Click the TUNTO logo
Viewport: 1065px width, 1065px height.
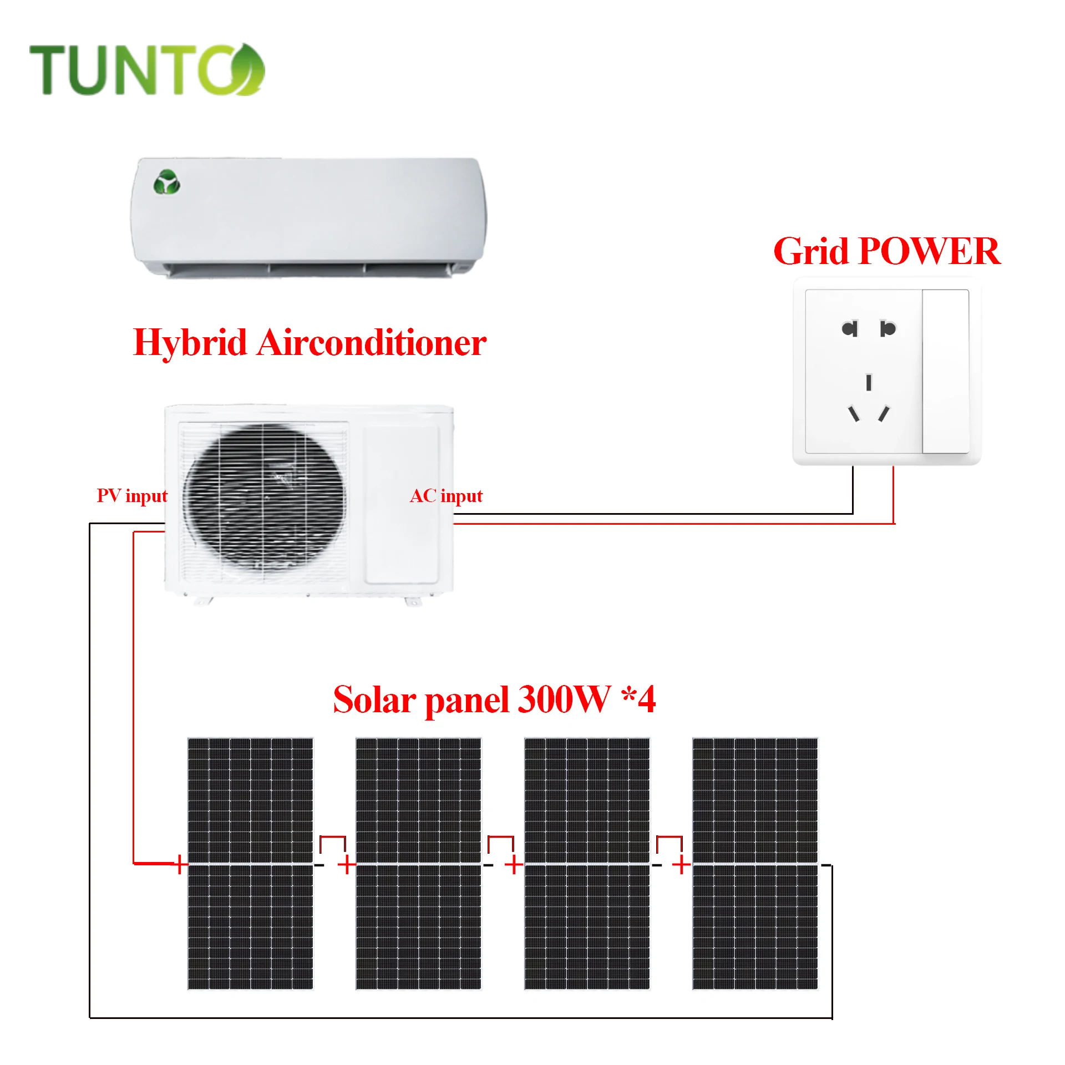pyautogui.click(x=146, y=70)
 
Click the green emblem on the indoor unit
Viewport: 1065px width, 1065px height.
pyautogui.click(x=166, y=182)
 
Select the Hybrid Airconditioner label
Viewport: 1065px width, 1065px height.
pyautogui.click(x=310, y=342)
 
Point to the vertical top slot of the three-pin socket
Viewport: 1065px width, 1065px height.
pyautogui.click(x=869, y=382)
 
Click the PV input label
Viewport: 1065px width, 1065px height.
pyautogui.click(x=132, y=495)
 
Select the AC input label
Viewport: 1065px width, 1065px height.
pyautogui.click(x=446, y=495)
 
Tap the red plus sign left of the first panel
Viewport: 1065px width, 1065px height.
pyautogui.click(x=179, y=864)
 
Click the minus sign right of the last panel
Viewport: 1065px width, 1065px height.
pyautogui.click(x=826, y=865)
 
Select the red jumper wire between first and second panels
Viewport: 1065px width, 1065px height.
pyautogui.click(x=332, y=837)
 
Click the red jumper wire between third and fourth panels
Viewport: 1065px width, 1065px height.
pyautogui.click(x=669, y=837)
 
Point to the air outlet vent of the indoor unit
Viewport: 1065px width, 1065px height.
pyautogui.click(x=311, y=269)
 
